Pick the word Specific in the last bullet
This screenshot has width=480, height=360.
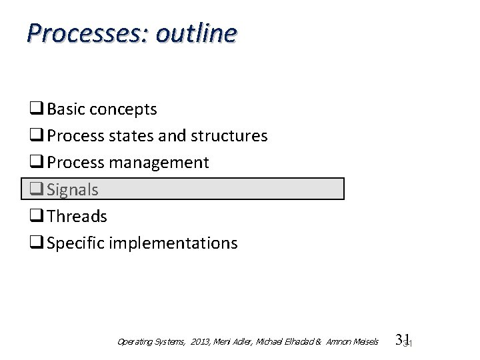[x=75, y=243]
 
